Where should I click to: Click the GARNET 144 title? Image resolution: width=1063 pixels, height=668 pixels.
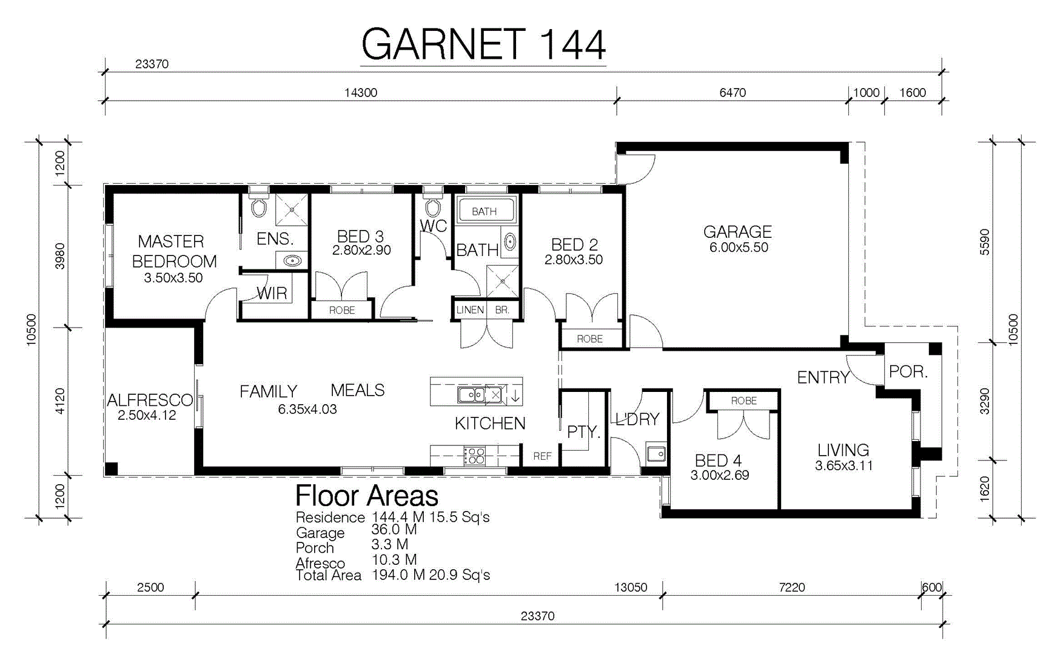point(483,44)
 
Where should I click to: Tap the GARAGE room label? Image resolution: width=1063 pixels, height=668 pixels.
point(737,232)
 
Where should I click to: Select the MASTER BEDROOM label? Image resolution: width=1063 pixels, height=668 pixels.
point(174,251)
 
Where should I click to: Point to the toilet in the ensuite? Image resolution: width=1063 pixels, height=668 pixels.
point(259,206)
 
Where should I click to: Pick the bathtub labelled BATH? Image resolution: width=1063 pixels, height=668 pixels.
point(485,211)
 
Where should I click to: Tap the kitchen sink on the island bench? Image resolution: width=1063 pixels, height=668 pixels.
point(480,395)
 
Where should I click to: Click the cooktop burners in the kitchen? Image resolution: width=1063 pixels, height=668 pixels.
point(474,456)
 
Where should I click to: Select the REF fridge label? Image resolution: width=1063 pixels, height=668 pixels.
point(542,456)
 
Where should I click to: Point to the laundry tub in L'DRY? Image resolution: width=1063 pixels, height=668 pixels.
point(656,454)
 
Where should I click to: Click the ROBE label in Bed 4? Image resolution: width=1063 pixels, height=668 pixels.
point(743,401)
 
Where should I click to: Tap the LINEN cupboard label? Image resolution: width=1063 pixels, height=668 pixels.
point(470,310)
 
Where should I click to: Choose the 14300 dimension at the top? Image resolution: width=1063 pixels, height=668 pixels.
point(361,93)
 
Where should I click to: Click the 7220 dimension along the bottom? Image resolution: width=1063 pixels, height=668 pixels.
point(792,587)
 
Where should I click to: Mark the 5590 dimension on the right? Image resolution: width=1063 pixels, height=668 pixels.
point(985,242)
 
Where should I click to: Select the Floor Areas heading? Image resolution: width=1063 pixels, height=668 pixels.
point(366,496)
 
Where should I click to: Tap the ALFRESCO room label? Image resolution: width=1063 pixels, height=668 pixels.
point(150,400)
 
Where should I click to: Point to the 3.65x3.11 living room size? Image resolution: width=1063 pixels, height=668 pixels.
point(843,466)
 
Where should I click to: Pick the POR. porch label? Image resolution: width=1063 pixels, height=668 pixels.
point(908,372)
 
